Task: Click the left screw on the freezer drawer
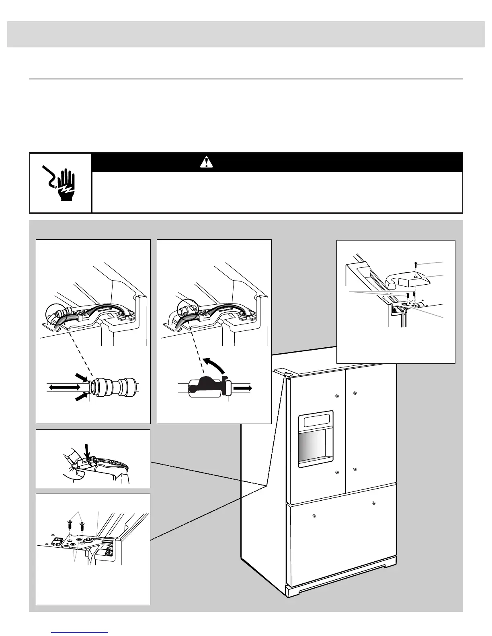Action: (314, 515)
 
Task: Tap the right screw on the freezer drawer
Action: (374, 503)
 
